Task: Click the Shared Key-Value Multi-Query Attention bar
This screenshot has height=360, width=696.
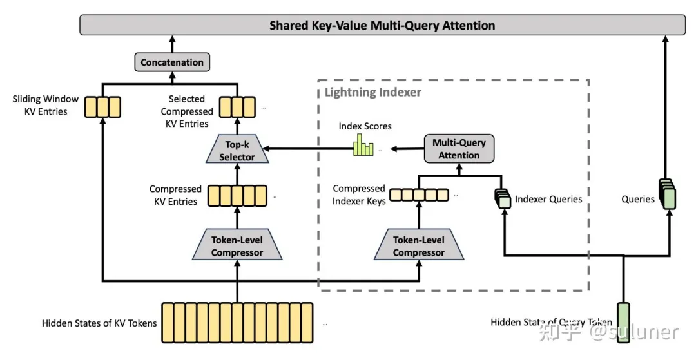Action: [x=382, y=26]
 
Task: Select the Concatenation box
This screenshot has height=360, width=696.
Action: [x=172, y=62]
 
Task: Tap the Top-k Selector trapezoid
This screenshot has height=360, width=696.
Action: [x=237, y=151]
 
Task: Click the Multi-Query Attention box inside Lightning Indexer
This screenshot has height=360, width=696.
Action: [x=459, y=149]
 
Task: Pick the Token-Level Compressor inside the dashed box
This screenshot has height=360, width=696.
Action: [x=418, y=246]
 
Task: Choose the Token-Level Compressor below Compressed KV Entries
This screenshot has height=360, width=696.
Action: [x=237, y=246]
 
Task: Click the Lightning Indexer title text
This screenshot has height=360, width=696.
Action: [x=372, y=92]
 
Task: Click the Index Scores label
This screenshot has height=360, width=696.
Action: [x=365, y=126]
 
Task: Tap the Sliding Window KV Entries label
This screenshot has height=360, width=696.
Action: [x=45, y=105]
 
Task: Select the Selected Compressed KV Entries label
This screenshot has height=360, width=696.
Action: [x=187, y=111]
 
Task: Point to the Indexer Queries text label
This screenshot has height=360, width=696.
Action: [x=548, y=199]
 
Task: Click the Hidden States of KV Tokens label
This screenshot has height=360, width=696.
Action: [x=99, y=323]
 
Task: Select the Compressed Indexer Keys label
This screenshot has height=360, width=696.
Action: [x=359, y=194]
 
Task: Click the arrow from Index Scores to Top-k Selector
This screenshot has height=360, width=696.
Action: [x=303, y=149]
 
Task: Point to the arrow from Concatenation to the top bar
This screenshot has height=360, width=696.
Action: [x=172, y=44]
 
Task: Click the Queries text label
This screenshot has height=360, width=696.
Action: [x=638, y=199]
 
